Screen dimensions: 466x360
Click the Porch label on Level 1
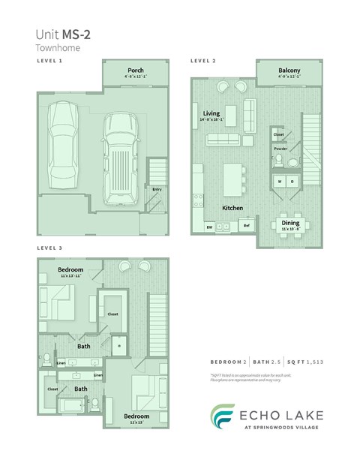click(136, 71)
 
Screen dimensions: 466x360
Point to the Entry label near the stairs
click(157, 189)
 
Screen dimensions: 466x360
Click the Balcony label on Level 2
click(289, 71)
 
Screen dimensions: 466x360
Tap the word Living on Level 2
click(211, 114)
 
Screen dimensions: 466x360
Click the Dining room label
click(290, 222)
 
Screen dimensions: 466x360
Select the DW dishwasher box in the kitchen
click(209, 226)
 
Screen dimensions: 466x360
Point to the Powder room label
click(280, 149)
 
